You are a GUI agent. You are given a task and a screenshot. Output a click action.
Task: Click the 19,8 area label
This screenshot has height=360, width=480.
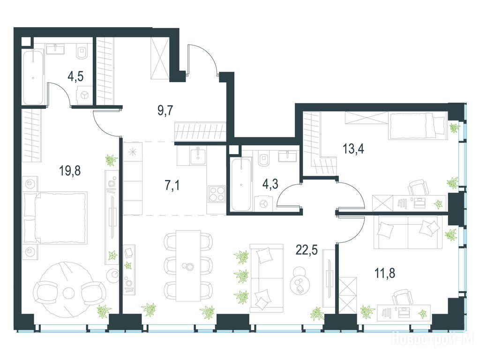(x=70, y=171)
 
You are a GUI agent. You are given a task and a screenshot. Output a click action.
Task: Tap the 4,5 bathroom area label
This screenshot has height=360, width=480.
(x=75, y=76)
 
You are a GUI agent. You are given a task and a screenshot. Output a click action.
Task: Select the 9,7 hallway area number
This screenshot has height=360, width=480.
(x=165, y=110)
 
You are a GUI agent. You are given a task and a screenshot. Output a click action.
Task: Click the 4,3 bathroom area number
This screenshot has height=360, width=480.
(x=270, y=184)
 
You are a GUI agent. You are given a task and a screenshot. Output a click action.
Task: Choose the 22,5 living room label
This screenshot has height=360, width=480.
(x=307, y=250)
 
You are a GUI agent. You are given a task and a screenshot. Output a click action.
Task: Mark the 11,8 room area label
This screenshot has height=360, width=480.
(x=385, y=272)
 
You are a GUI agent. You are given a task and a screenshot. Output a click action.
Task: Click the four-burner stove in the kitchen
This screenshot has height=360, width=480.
(x=217, y=194)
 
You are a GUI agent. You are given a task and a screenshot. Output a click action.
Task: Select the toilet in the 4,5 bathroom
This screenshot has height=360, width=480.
(x=82, y=52)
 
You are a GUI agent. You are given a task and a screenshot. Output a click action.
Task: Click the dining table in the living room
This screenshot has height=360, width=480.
(x=188, y=265)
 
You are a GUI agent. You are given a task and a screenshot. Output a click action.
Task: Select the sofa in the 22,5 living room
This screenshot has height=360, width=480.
(x=267, y=278)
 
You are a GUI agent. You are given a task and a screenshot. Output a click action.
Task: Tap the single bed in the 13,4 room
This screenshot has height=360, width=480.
(x=417, y=126)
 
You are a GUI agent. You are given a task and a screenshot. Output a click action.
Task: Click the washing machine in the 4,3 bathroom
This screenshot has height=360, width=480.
(x=263, y=203)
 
